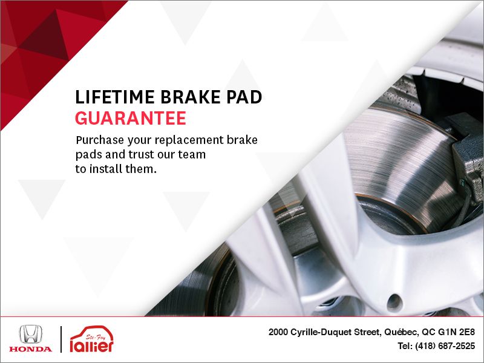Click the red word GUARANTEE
pos(130,118)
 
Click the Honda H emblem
pos(30,335)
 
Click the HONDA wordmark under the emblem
pos(30,349)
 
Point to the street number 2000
pos(280,332)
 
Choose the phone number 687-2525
pos(456,347)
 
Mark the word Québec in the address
pos(401,332)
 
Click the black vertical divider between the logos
pos(60,339)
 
